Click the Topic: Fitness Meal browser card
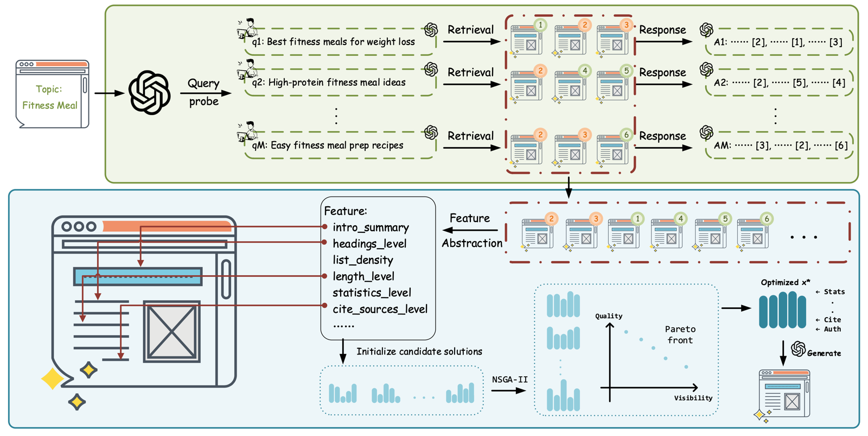52,94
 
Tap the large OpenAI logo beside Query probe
150,93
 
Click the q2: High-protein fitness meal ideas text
329,82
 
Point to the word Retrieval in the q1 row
470,29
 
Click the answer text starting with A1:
778,42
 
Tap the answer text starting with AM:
781,146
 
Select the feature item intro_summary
371,228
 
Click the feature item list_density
363,260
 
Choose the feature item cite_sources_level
380,309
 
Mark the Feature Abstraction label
472,230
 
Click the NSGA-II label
509,380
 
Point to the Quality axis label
609,316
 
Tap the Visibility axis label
693,397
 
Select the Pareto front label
680,334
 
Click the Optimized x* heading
785,282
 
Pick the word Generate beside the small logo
824,353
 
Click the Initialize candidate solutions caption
419,351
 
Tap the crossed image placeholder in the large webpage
171,332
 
